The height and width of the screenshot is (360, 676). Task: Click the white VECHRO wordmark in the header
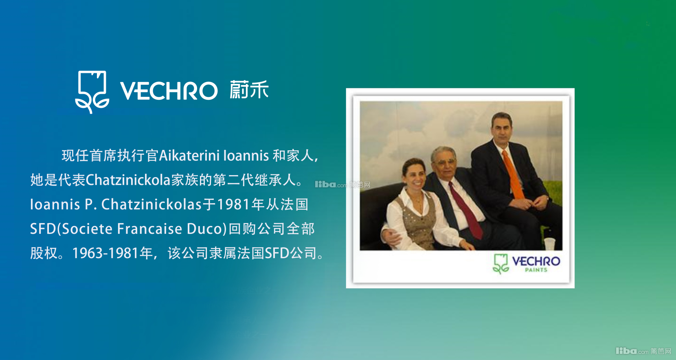[x=169, y=90]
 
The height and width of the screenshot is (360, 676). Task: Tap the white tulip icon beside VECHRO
[x=92, y=92]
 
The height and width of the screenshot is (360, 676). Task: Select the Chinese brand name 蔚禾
[x=249, y=90]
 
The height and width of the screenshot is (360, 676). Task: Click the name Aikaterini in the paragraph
[x=189, y=156]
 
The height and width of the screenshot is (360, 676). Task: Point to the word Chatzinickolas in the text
[x=151, y=204]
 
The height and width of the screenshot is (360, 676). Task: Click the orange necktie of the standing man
[x=514, y=175]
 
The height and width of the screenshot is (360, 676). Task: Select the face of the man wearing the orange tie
[x=502, y=128]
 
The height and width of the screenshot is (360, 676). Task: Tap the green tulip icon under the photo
[x=500, y=264]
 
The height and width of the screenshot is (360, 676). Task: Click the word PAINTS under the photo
[x=536, y=270]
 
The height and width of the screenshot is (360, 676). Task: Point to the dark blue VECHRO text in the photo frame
[x=536, y=261]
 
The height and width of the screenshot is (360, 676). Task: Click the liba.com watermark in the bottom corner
[x=643, y=351]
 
